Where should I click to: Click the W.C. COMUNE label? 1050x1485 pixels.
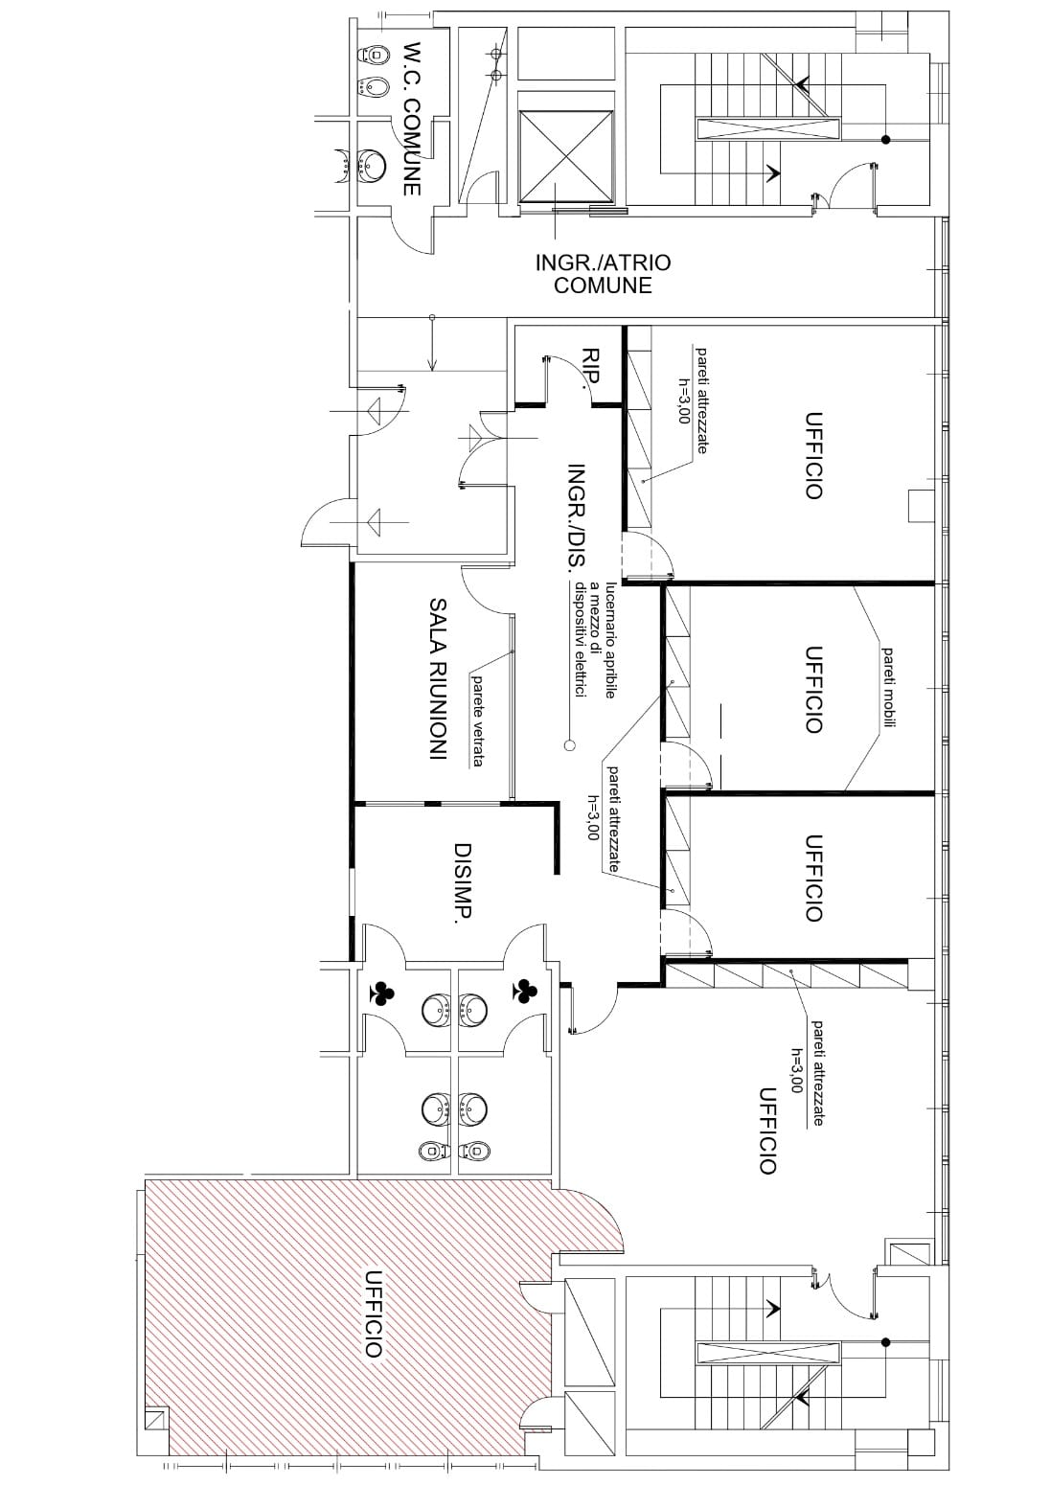click(412, 120)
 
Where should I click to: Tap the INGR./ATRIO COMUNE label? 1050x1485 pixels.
click(603, 274)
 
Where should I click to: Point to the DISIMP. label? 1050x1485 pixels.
click(462, 880)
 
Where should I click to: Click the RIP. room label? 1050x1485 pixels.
click(590, 366)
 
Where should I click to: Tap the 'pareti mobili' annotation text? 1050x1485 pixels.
click(889, 688)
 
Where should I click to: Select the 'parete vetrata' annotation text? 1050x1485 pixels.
click(477, 720)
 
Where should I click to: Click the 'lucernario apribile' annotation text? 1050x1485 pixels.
click(610, 640)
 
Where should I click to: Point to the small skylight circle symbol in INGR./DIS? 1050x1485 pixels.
click(569, 745)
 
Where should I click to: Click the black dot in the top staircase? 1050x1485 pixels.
click(885, 140)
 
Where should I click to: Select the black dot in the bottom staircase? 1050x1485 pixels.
click(885, 1342)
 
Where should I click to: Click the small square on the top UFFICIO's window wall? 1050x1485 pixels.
click(920, 507)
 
